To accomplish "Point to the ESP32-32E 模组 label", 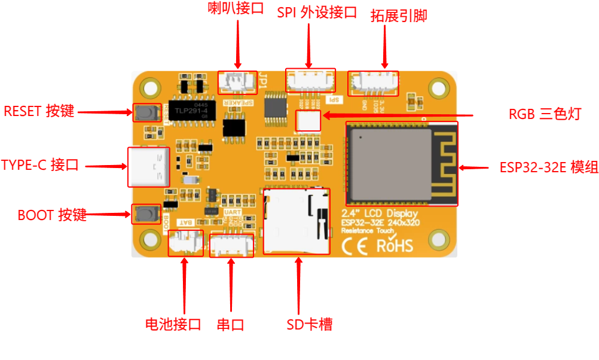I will [548, 167].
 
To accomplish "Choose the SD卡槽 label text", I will [309, 325].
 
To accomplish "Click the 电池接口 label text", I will [173, 325].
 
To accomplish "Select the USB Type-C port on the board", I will [149, 167].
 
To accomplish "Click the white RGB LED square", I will [308, 121].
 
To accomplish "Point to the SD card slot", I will [297, 221].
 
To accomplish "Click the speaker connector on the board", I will [237, 83].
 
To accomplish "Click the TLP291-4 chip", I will [190, 111].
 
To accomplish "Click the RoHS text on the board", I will [395, 245].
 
